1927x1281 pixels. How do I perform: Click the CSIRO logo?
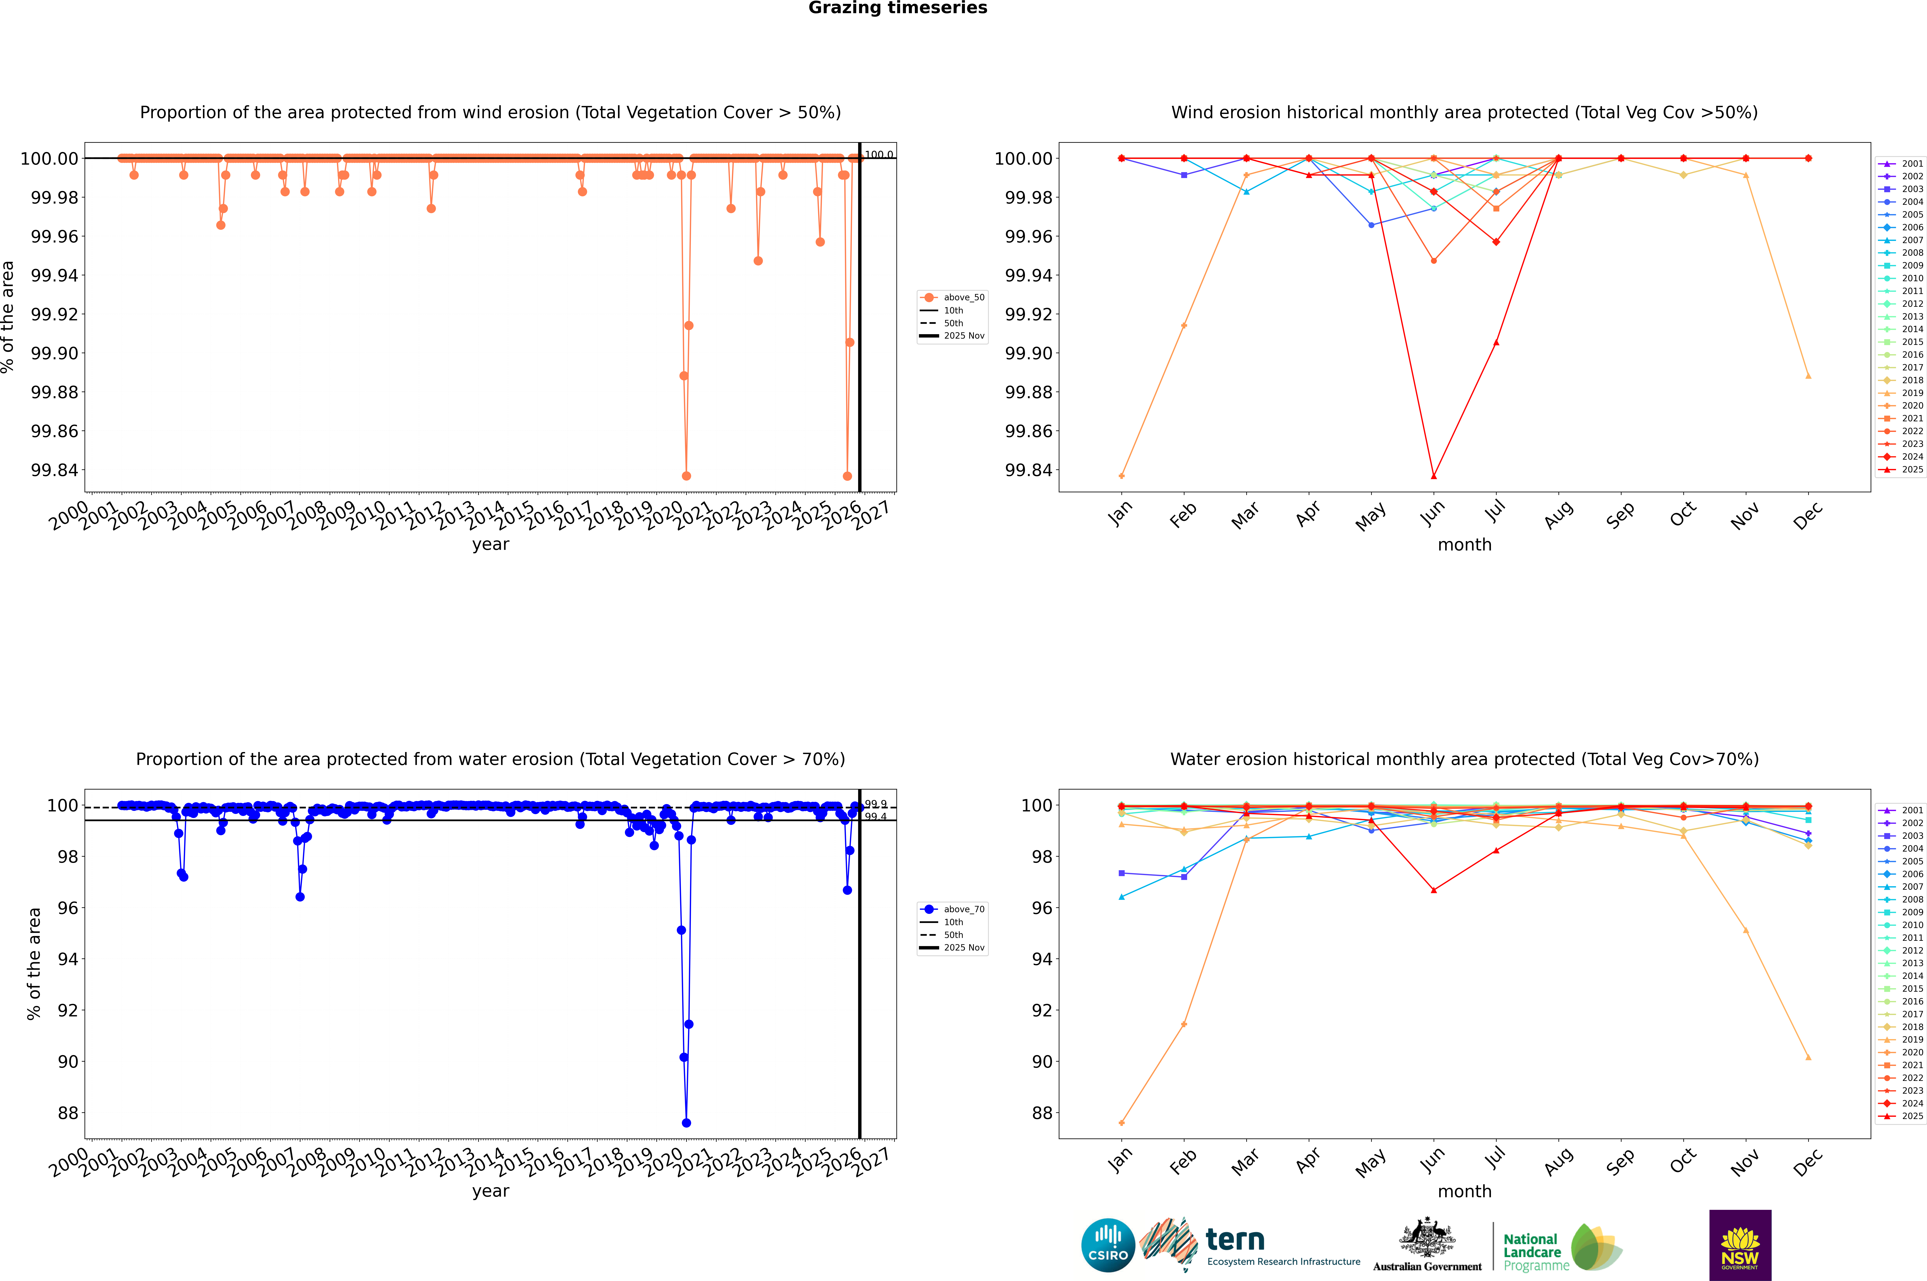pyautogui.click(x=1108, y=1245)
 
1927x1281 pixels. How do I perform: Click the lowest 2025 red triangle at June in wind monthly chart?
pyautogui.click(x=1434, y=475)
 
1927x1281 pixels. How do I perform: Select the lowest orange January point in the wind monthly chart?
pyautogui.click(x=1122, y=475)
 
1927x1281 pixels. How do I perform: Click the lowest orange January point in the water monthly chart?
pyautogui.click(x=1122, y=1122)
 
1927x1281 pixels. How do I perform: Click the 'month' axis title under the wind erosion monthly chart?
pyautogui.click(x=1464, y=545)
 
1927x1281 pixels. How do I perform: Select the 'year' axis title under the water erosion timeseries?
pyautogui.click(x=490, y=1191)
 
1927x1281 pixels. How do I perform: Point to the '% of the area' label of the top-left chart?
pyautogui.click(x=8, y=317)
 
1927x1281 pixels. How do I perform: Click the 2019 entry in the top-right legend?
pyautogui.click(x=1911, y=393)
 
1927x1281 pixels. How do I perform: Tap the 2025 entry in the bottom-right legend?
pyautogui.click(x=1911, y=1116)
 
